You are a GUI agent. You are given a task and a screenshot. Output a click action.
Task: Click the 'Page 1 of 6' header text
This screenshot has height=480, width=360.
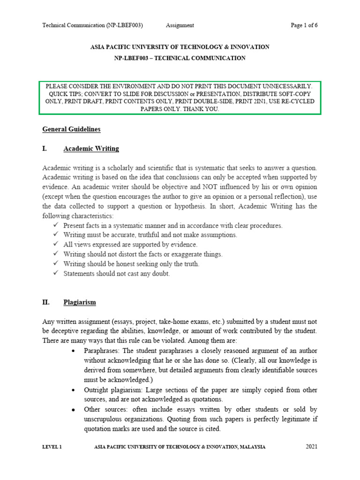[x=304, y=25]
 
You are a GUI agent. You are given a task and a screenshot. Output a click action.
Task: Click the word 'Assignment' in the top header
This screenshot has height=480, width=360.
[x=180, y=25]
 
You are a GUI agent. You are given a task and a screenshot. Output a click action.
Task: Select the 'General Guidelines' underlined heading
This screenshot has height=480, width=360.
[x=71, y=129]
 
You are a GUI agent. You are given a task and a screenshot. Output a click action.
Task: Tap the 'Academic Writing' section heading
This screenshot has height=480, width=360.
[x=91, y=149]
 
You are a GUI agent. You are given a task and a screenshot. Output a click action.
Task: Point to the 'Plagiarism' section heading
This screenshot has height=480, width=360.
[x=80, y=302]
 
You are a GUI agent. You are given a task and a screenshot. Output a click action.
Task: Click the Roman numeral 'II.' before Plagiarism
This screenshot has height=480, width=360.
[x=46, y=302]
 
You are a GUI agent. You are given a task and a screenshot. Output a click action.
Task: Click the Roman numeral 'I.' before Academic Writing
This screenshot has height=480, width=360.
[x=45, y=149]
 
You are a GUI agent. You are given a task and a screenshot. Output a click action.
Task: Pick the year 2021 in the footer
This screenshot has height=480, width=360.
[x=312, y=447]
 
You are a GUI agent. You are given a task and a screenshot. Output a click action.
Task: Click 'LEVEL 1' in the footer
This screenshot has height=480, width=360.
[x=52, y=447]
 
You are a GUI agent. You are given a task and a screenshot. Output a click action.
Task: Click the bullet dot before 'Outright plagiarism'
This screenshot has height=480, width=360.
[x=75, y=390]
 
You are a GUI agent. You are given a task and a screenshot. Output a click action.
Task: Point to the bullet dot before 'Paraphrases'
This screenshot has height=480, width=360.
[x=75, y=351]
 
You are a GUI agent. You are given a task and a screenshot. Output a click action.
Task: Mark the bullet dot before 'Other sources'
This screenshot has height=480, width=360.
[x=75, y=410]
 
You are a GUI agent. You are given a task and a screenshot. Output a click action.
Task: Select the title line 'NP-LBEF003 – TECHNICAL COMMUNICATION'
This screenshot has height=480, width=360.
[x=180, y=58]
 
